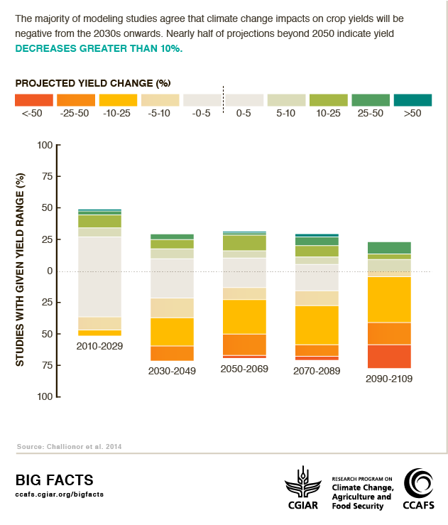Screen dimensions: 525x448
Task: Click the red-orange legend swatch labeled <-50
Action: [x=33, y=100]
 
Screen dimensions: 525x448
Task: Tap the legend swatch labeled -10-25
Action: [x=118, y=100]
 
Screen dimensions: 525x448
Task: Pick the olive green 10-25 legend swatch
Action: [x=329, y=100]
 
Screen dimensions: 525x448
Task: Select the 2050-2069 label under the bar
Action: [x=244, y=369]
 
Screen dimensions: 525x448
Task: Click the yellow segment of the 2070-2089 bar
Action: [x=317, y=325]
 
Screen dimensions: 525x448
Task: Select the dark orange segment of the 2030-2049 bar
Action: [x=172, y=353]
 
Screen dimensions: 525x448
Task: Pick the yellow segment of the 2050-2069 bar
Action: [x=244, y=317]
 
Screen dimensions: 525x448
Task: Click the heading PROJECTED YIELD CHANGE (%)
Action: [x=93, y=82]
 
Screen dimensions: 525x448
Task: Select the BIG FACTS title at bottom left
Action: [x=54, y=480]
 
